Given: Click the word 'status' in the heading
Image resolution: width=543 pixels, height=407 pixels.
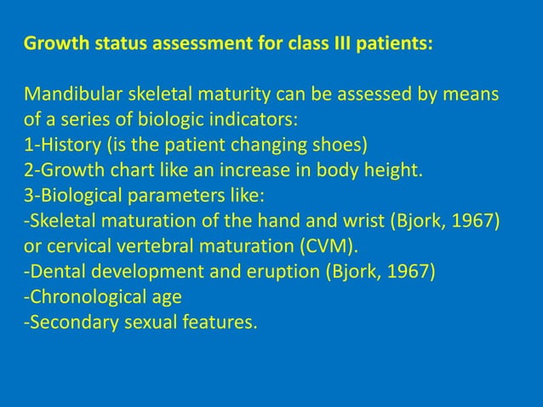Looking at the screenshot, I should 107,42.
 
